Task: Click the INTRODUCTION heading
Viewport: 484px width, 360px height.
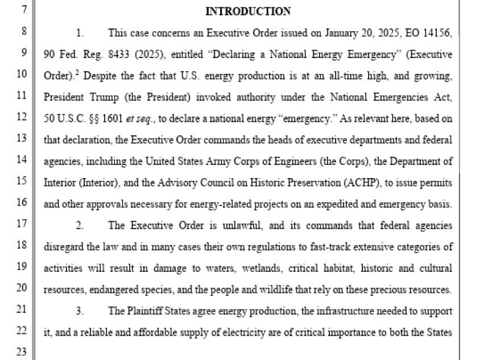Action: [247, 11]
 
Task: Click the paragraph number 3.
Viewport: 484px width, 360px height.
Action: [80, 312]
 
